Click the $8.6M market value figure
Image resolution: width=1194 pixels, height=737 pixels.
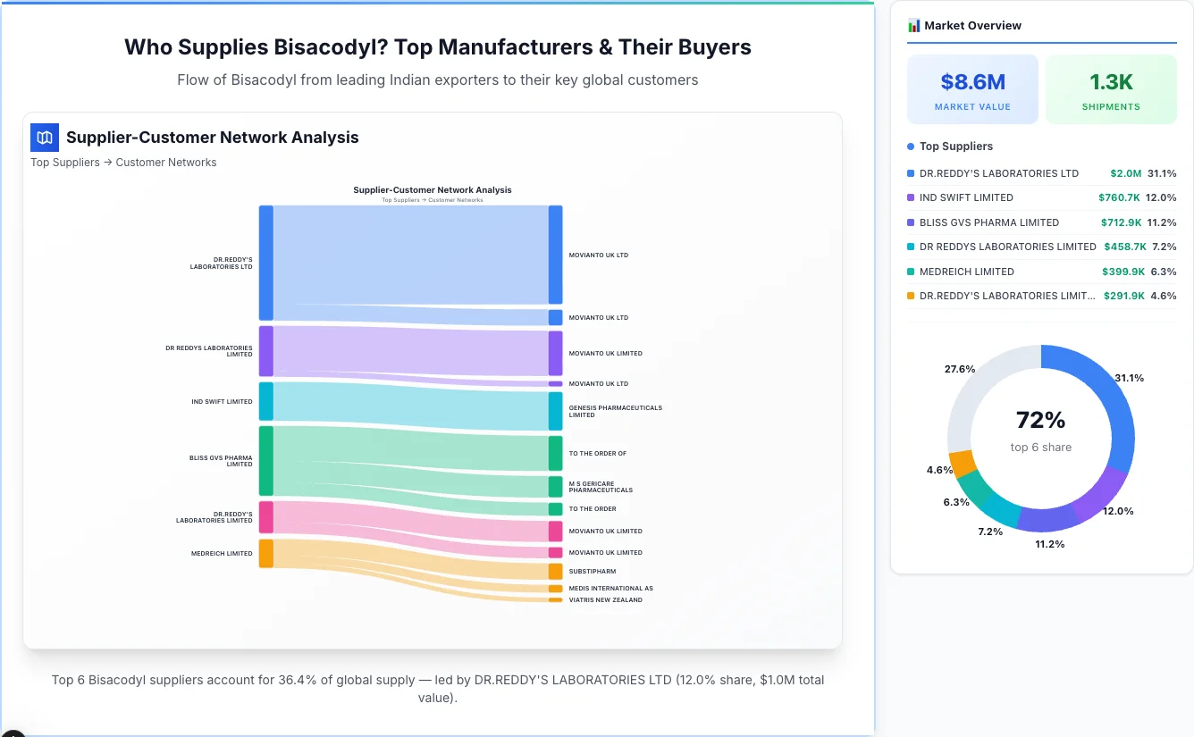tap(972, 82)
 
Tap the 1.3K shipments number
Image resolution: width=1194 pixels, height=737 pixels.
tap(1111, 82)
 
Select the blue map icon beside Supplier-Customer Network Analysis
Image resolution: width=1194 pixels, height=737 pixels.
tap(45, 138)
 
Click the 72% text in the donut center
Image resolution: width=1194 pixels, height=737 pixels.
tap(1040, 420)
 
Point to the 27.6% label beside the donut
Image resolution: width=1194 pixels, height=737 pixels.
tap(960, 369)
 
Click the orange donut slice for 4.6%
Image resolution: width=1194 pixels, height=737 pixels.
tap(963, 463)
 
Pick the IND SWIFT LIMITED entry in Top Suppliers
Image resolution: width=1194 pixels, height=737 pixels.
tap(966, 197)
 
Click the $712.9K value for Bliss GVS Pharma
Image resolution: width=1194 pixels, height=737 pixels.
tap(1121, 222)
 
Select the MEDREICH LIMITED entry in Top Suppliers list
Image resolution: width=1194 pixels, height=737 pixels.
tap(966, 272)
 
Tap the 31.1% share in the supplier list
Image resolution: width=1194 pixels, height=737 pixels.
tap(1162, 173)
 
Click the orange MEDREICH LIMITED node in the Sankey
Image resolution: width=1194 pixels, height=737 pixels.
tap(266, 553)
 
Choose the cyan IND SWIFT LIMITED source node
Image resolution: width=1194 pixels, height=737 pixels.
tap(266, 401)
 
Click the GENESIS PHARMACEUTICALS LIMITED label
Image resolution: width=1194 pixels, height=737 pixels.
tap(615, 411)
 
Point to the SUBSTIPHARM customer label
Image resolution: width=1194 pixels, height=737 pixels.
tap(593, 572)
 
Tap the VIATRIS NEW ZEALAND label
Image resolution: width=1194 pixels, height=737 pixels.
tap(605, 600)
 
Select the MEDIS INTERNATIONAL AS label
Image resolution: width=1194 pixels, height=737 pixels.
tap(610, 589)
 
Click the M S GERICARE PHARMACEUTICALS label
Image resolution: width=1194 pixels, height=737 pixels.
tap(601, 487)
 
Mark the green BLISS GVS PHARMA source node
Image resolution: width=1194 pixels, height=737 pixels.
tap(266, 460)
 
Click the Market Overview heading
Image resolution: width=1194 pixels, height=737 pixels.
tap(972, 26)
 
